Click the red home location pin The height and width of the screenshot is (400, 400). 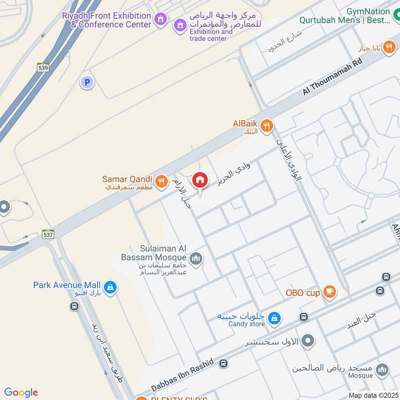(200, 180)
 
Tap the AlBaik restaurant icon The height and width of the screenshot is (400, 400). (267, 125)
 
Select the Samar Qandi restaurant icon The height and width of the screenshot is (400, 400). (161, 181)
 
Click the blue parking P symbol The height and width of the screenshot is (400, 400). (87, 82)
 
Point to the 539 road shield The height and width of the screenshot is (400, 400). (43, 67)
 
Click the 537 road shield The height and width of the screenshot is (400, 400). (48, 233)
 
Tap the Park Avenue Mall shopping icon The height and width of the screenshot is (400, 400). (111, 287)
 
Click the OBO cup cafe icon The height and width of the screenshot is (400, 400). (329, 291)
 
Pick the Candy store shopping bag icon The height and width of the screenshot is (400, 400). (274, 317)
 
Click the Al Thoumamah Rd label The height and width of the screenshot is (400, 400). (331, 75)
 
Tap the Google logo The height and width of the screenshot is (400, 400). (21, 392)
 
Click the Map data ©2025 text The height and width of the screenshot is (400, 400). (372, 395)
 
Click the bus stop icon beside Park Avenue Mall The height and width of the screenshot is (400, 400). (74, 306)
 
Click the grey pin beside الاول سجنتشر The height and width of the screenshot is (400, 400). (308, 341)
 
